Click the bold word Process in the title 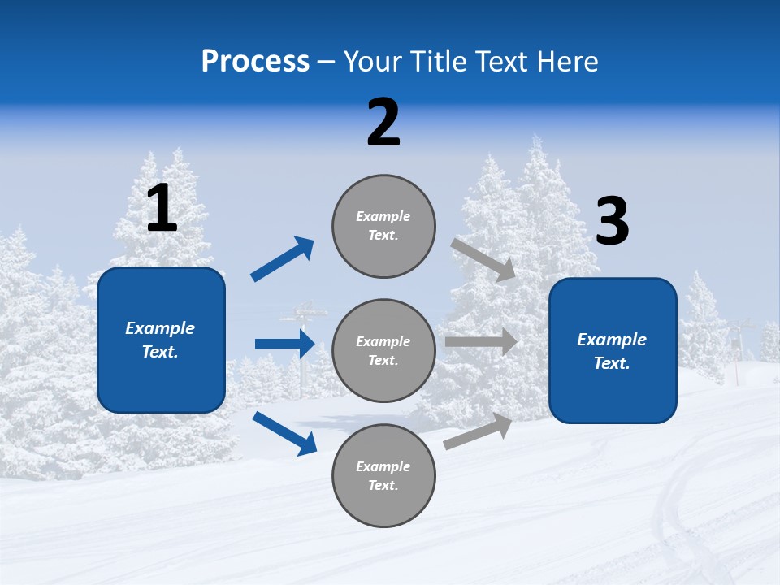point(255,62)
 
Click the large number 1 point(162,209)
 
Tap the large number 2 point(383,123)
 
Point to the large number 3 point(613,222)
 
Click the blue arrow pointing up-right point(283,259)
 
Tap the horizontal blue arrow point(284,344)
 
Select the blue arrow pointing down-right point(284,432)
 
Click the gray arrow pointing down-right point(484,259)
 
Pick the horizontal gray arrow point(481,342)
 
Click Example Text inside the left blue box point(160,340)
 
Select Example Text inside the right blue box point(612,351)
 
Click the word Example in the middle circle point(383,341)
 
